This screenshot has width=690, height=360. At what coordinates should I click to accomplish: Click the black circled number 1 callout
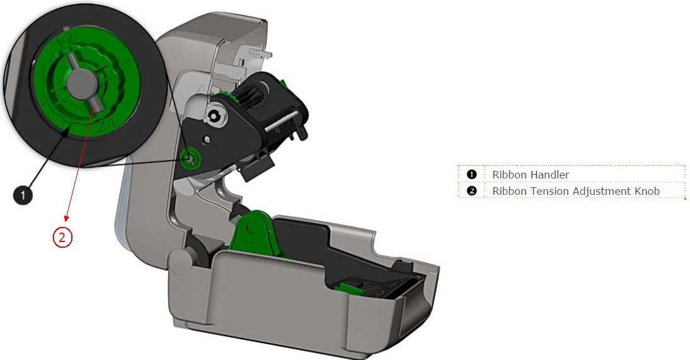point(23,195)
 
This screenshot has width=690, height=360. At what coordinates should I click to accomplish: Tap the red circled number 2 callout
point(62,237)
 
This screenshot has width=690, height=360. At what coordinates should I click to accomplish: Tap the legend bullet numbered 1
point(471,174)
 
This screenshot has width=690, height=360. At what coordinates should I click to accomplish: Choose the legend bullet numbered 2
point(471,190)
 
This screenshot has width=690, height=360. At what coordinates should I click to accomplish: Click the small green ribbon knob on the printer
point(190,159)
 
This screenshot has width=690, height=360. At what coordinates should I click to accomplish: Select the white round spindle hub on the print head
point(215,115)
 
